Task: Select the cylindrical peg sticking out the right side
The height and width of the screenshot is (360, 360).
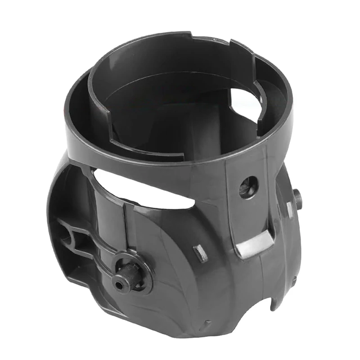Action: (x=297, y=198)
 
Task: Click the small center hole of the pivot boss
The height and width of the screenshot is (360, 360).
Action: (x=119, y=284)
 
